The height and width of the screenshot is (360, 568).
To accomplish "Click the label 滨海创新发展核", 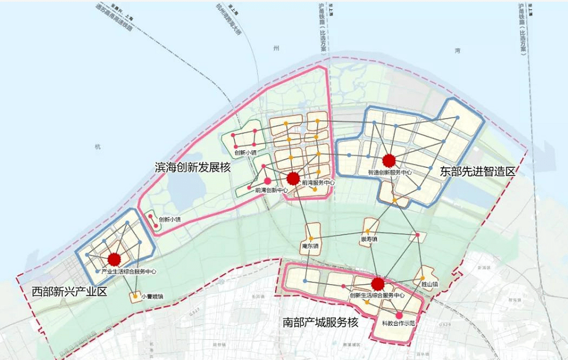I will pos(192,167).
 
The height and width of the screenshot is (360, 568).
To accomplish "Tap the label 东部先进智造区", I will pos(477,171).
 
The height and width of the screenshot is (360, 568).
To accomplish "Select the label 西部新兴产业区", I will pos(69,291).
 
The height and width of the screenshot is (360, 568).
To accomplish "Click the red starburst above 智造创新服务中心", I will pos(389,160).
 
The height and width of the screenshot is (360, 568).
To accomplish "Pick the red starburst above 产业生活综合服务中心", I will pos(115,259).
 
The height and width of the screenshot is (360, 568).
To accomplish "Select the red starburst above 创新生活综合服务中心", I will pos(378,284).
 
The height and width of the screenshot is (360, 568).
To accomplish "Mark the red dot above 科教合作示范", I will pos(399,315).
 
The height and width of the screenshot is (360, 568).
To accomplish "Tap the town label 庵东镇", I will pos(310,247).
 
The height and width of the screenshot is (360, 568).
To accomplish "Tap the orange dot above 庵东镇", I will pos(311,238).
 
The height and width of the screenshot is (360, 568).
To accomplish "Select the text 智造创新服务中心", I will pos(390,172).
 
